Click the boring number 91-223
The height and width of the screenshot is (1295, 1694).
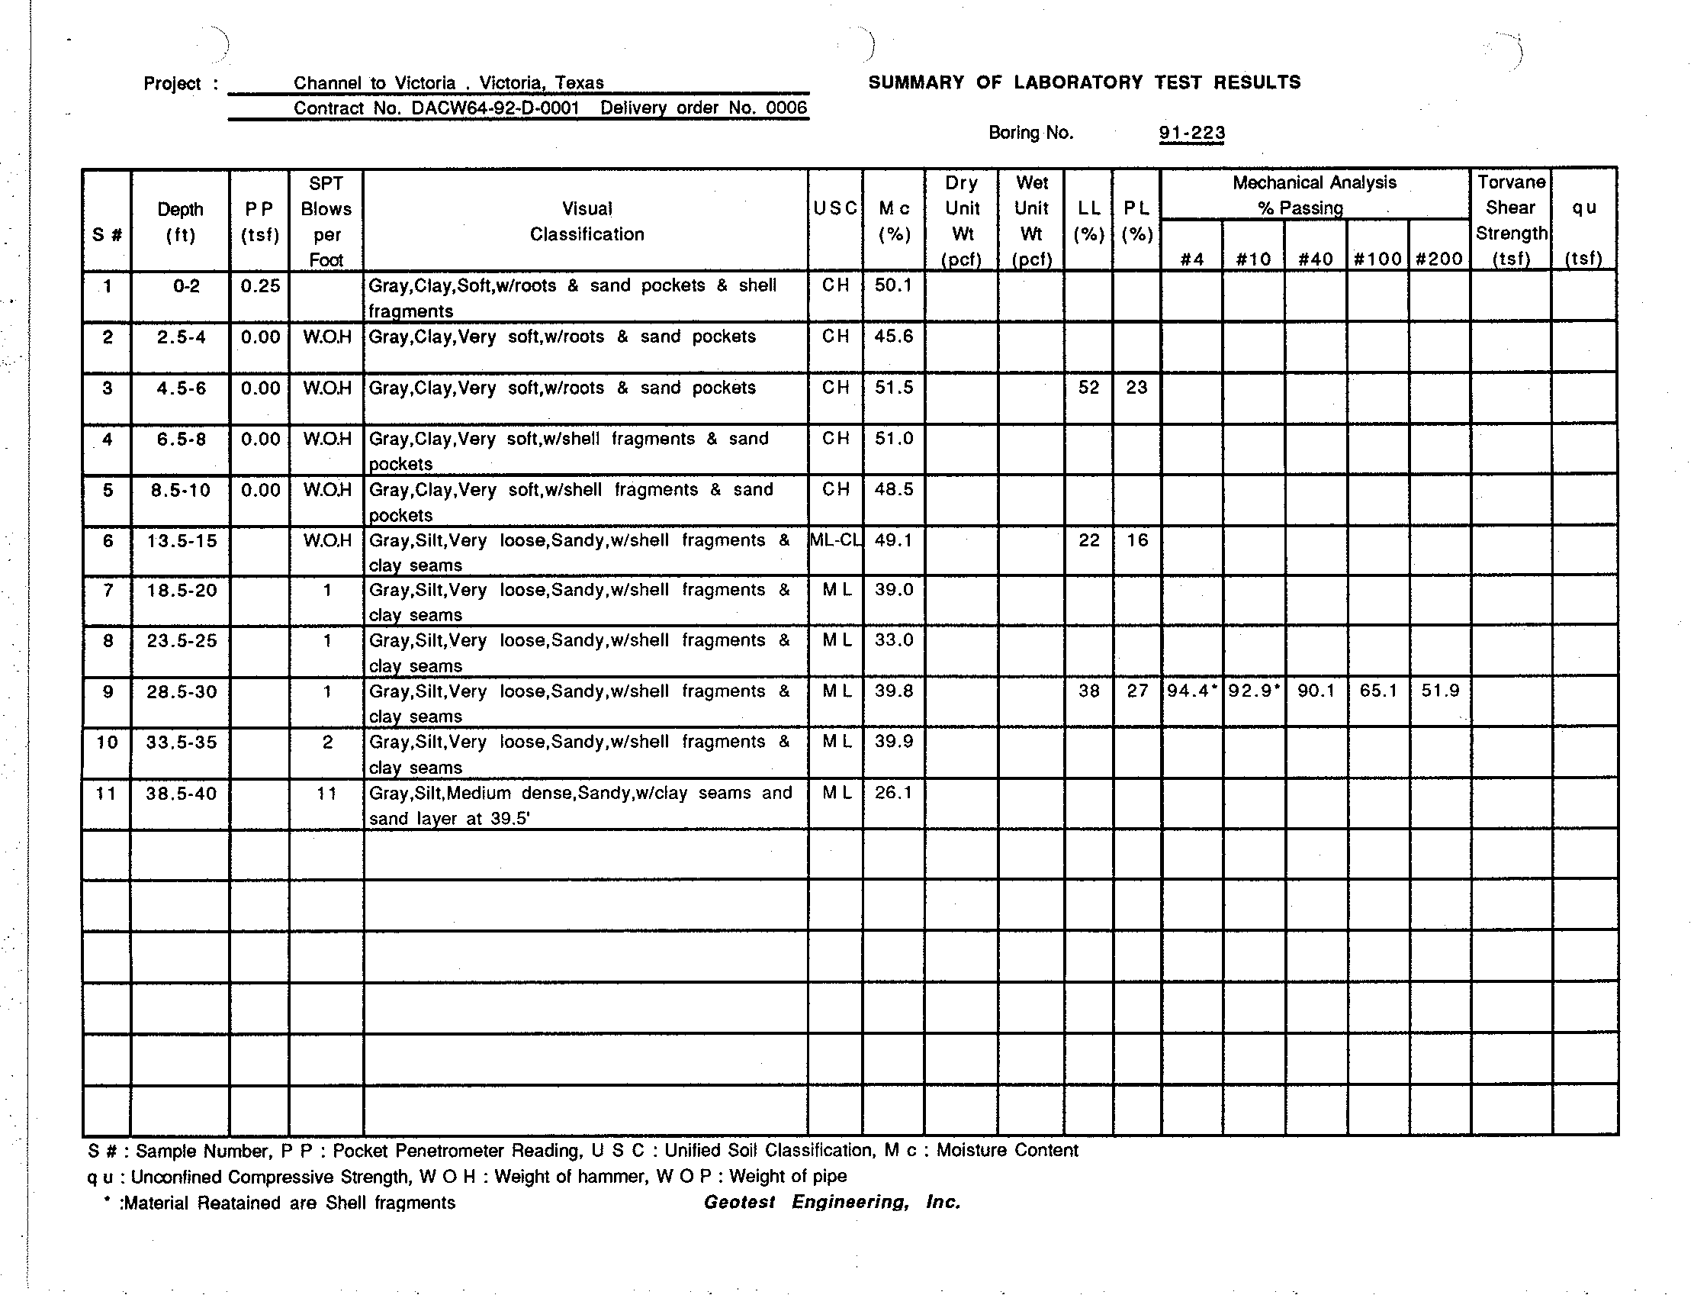pyautogui.click(x=1191, y=134)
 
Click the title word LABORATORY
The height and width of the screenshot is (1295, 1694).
pyautogui.click(x=1078, y=82)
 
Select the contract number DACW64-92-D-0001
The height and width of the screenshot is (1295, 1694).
pyautogui.click(x=494, y=108)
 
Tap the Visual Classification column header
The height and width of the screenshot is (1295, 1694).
pyautogui.click(x=587, y=221)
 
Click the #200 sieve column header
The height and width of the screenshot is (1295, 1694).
pyautogui.click(x=1439, y=259)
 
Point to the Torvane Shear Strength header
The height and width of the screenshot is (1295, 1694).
pyautogui.click(x=1511, y=221)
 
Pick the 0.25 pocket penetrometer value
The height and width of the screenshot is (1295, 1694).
pyautogui.click(x=259, y=286)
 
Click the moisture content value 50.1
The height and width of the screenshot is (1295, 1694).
pyautogui.click(x=893, y=285)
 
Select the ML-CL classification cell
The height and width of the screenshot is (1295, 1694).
pyautogui.click(x=836, y=540)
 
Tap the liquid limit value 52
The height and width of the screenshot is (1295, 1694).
pyautogui.click(x=1088, y=388)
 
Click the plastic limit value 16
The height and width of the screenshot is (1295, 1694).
pyautogui.click(x=1137, y=540)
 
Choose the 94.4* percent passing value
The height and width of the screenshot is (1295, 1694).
pyautogui.click(x=1191, y=691)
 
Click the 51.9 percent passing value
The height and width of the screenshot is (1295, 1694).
pyautogui.click(x=1440, y=691)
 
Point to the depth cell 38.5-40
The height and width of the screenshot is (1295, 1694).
pyautogui.click(x=181, y=793)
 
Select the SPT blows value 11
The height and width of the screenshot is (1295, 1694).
pyautogui.click(x=326, y=793)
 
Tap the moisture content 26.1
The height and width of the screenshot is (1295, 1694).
pyautogui.click(x=893, y=792)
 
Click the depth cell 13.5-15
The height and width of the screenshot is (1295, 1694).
pyautogui.click(x=182, y=541)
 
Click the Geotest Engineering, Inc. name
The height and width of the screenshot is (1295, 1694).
pyautogui.click(x=832, y=1203)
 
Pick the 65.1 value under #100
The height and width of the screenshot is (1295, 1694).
pyautogui.click(x=1378, y=691)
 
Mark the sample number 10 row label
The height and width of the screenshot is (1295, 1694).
pyautogui.click(x=106, y=743)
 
